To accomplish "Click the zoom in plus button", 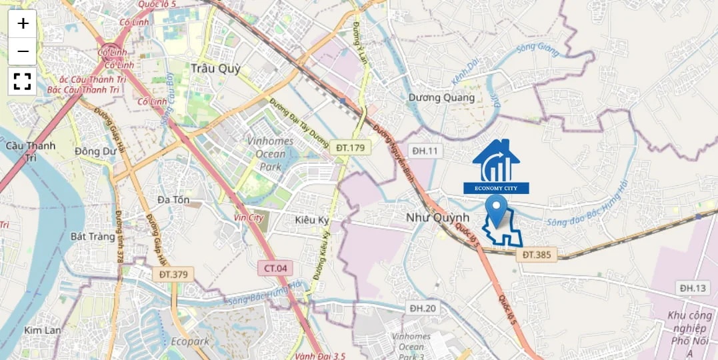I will click(23, 24).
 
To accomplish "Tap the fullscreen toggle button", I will click(23, 81).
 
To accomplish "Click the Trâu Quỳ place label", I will click(215, 68).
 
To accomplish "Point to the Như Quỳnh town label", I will click(438, 218).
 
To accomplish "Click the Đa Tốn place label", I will click(173, 199).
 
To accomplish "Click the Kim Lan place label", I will click(42, 330).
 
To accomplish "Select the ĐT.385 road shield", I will click(537, 254).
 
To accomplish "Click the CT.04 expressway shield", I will click(275, 268).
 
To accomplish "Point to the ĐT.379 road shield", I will click(172, 273).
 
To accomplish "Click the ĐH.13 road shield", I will click(693, 288).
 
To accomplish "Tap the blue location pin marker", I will click(495, 211).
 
